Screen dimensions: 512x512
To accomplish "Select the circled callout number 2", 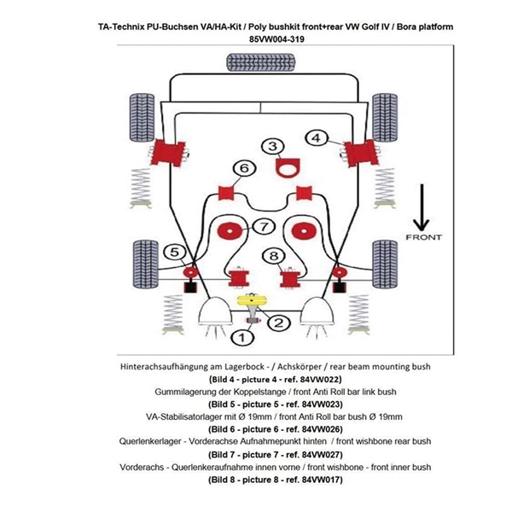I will point(276,323).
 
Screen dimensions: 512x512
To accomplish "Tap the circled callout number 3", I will point(273,148).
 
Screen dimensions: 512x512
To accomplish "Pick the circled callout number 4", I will point(316,137).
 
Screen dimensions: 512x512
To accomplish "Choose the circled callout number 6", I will point(244,168).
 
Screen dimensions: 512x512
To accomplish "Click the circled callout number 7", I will point(264,226).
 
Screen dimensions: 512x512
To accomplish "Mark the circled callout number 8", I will point(273,256).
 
